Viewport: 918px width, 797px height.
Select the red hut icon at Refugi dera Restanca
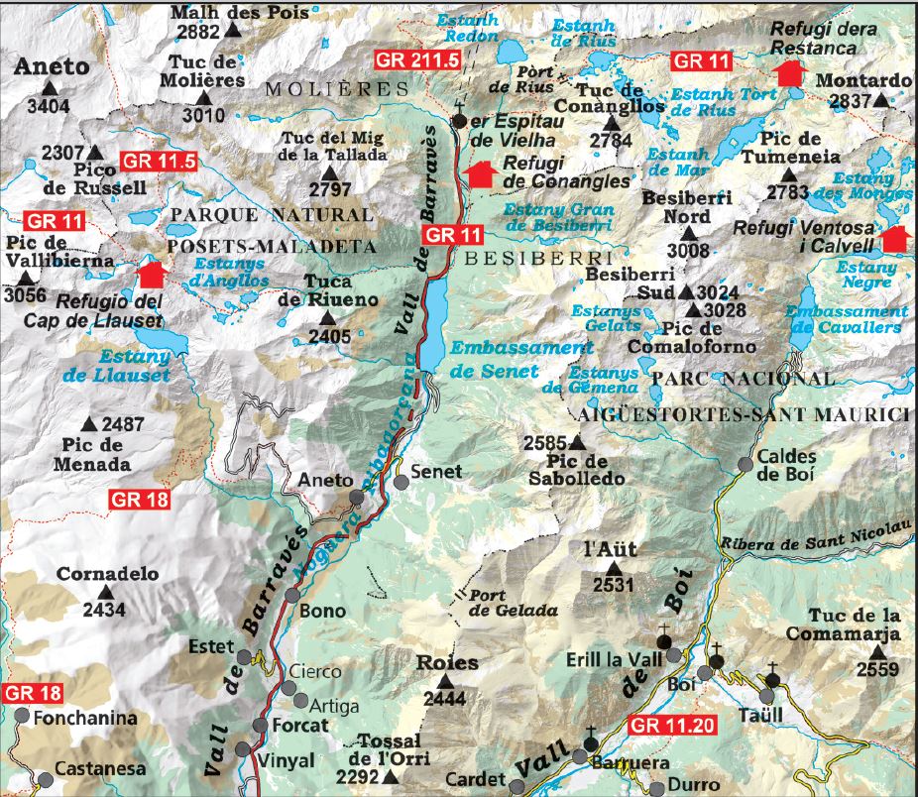coord(789,72)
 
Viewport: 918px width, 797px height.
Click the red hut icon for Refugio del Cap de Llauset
coord(151,275)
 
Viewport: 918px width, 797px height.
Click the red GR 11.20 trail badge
coord(671,725)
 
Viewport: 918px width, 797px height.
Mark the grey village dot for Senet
coord(401,482)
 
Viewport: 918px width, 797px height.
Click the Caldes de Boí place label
coord(785,466)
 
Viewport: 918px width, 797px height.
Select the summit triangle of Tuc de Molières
coord(204,98)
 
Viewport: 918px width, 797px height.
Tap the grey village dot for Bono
coord(292,595)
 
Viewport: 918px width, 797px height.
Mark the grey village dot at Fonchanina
coord(22,717)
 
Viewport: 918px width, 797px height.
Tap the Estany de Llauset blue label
coord(132,365)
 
